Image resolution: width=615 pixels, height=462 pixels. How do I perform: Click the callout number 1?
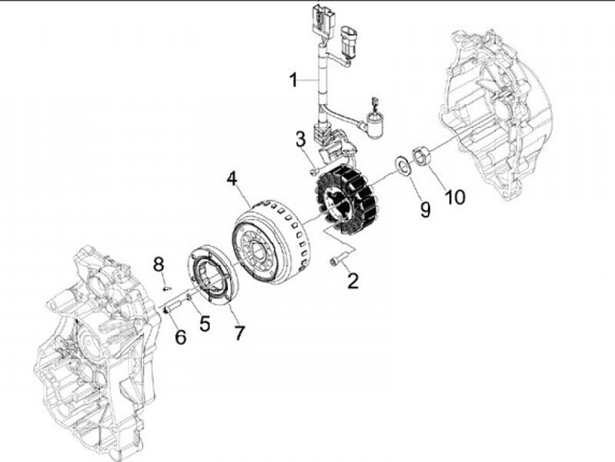tap(293, 80)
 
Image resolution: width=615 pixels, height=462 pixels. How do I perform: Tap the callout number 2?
tap(353, 281)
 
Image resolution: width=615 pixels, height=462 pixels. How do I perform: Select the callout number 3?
tap(301, 139)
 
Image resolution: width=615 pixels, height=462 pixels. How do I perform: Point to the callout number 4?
tap(231, 178)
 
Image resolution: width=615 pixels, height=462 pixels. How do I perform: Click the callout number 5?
tap(204, 324)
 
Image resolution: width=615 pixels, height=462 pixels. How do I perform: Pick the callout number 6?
tap(180, 336)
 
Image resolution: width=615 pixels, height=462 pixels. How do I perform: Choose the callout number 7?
tap(240, 333)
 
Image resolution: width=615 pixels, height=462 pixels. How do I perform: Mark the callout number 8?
tap(159, 265)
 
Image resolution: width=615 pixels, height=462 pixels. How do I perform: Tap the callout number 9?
tap(425, 209)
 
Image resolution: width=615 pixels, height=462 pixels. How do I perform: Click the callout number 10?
tap(455, 197)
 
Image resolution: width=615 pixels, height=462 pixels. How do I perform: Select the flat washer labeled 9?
tap(402, 165)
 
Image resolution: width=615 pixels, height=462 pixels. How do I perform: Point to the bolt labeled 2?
tap(337, 260)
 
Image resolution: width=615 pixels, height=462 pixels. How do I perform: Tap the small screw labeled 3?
tap(314, 172)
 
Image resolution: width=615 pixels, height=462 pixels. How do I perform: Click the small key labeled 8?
tap(167, 289)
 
